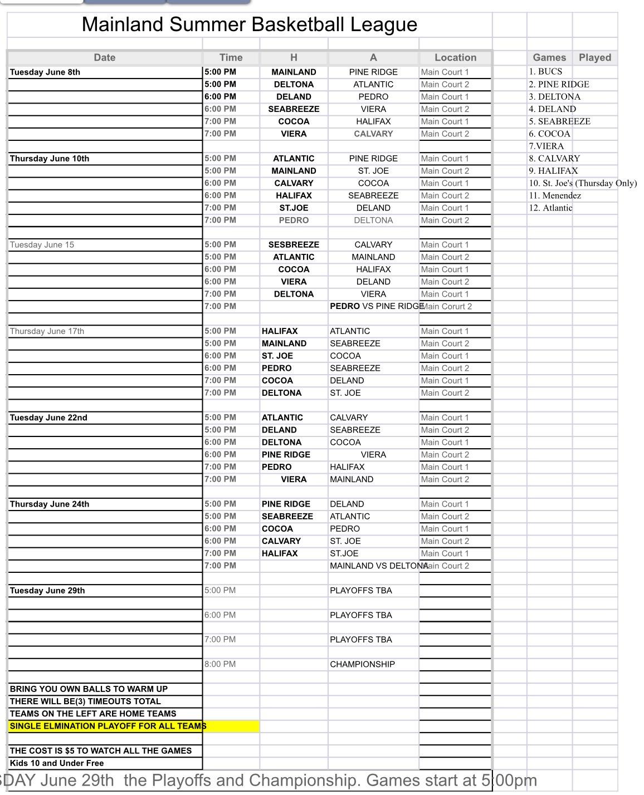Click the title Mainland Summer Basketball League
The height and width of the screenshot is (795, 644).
click(249, 24)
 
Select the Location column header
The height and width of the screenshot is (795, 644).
click(455, 57)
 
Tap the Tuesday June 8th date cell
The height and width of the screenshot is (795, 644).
click(45, 72)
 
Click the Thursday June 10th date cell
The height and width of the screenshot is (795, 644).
click(50, 159)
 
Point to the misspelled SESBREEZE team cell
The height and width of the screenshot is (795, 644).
click(294, 245)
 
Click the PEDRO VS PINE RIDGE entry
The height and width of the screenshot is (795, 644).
click(377, 306)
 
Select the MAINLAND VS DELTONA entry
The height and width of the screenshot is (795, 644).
click(379, 566)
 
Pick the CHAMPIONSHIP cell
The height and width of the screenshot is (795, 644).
click(362, 664)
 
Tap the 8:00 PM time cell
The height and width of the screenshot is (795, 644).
click(220, 664)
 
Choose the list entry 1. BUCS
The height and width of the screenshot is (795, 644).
click(545, 72)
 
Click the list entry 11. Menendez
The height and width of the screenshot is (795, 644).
click(555, 195)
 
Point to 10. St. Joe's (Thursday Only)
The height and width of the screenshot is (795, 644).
click(583, 183)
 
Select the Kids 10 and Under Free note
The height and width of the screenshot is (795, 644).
click(57, 763)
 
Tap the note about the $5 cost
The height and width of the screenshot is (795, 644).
click(101, 750)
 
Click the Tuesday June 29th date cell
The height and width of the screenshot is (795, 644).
click(47, 591)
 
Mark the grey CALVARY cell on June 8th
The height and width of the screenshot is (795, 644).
click(373, 134)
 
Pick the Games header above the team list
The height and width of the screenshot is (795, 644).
click(549, 57)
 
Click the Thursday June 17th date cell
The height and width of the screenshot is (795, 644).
click(47, 331)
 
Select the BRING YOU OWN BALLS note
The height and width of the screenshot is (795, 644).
click(89, 689)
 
